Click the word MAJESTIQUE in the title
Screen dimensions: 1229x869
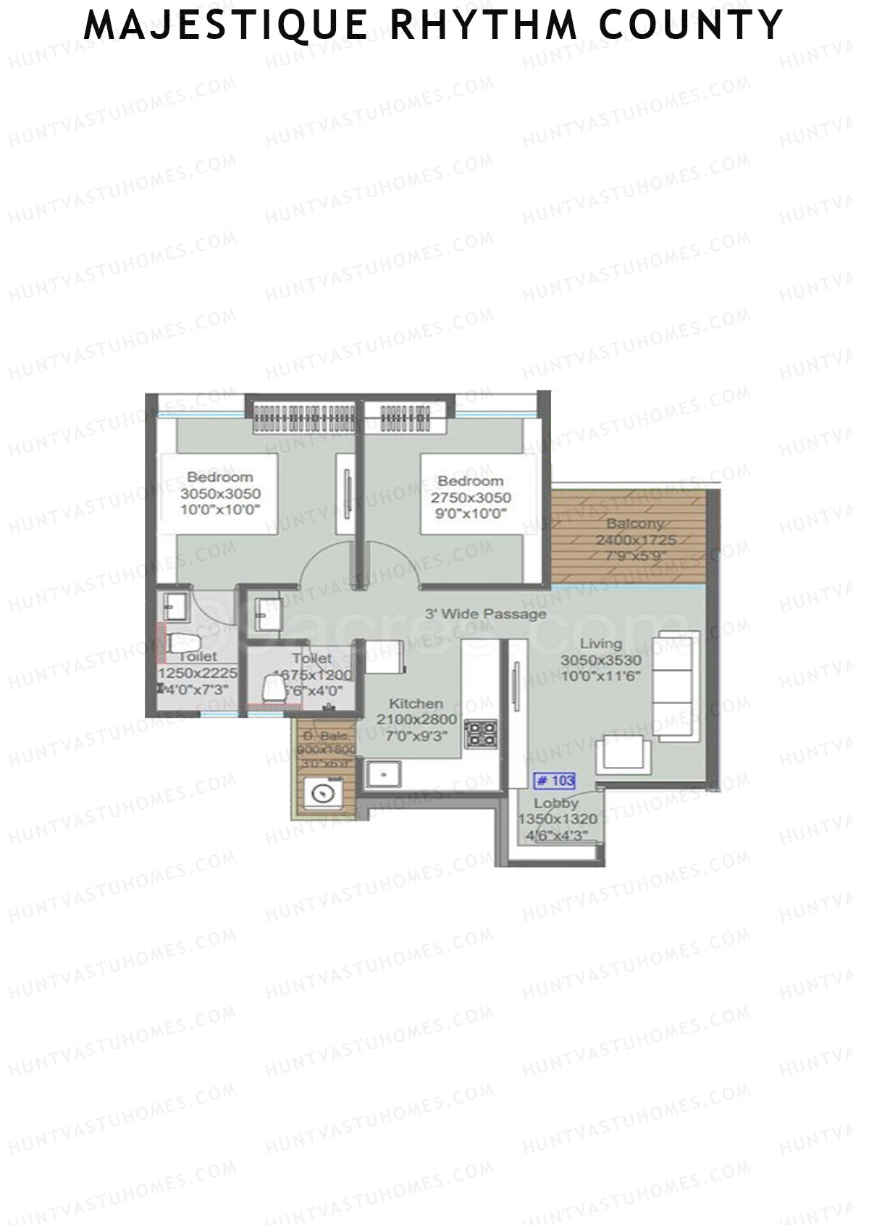pyautogui.click(x=226, y=25)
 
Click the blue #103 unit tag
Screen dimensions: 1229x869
pyautogui.click(x=554, y=781)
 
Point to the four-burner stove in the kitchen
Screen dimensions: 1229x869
pyautogui.click(x=481, y=733)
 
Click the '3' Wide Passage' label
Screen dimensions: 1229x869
pyautogui.click(x=485, y=614)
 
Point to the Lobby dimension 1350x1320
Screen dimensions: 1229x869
pyautogui.click(x=558, y=819)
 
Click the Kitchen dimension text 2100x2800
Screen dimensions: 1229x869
pyautogui.click(x=416, y=719)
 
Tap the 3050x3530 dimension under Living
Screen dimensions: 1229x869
pyautogui.click(x=601, y=659)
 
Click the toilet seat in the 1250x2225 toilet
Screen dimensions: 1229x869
pyautogui.click(x=185, y=642)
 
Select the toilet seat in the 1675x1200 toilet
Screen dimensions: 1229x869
pyautogui.click(x=274, y=688)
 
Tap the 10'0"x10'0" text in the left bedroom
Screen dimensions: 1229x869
pyautogui.click(x=220, y=509)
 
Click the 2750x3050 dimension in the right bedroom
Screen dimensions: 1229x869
pyautogui.click(x=471, y=498)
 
